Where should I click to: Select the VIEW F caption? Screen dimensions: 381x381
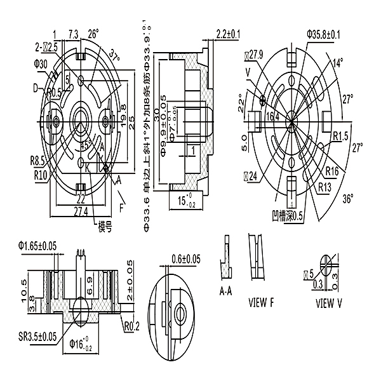(x=261, y=302)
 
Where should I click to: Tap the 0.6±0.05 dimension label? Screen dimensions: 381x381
(x=185, y=258)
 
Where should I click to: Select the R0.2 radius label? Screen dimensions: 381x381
(x=131, y=327)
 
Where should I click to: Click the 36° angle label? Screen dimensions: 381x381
(x=347, y=199)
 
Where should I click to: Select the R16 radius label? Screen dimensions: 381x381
(x=331, y=171)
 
